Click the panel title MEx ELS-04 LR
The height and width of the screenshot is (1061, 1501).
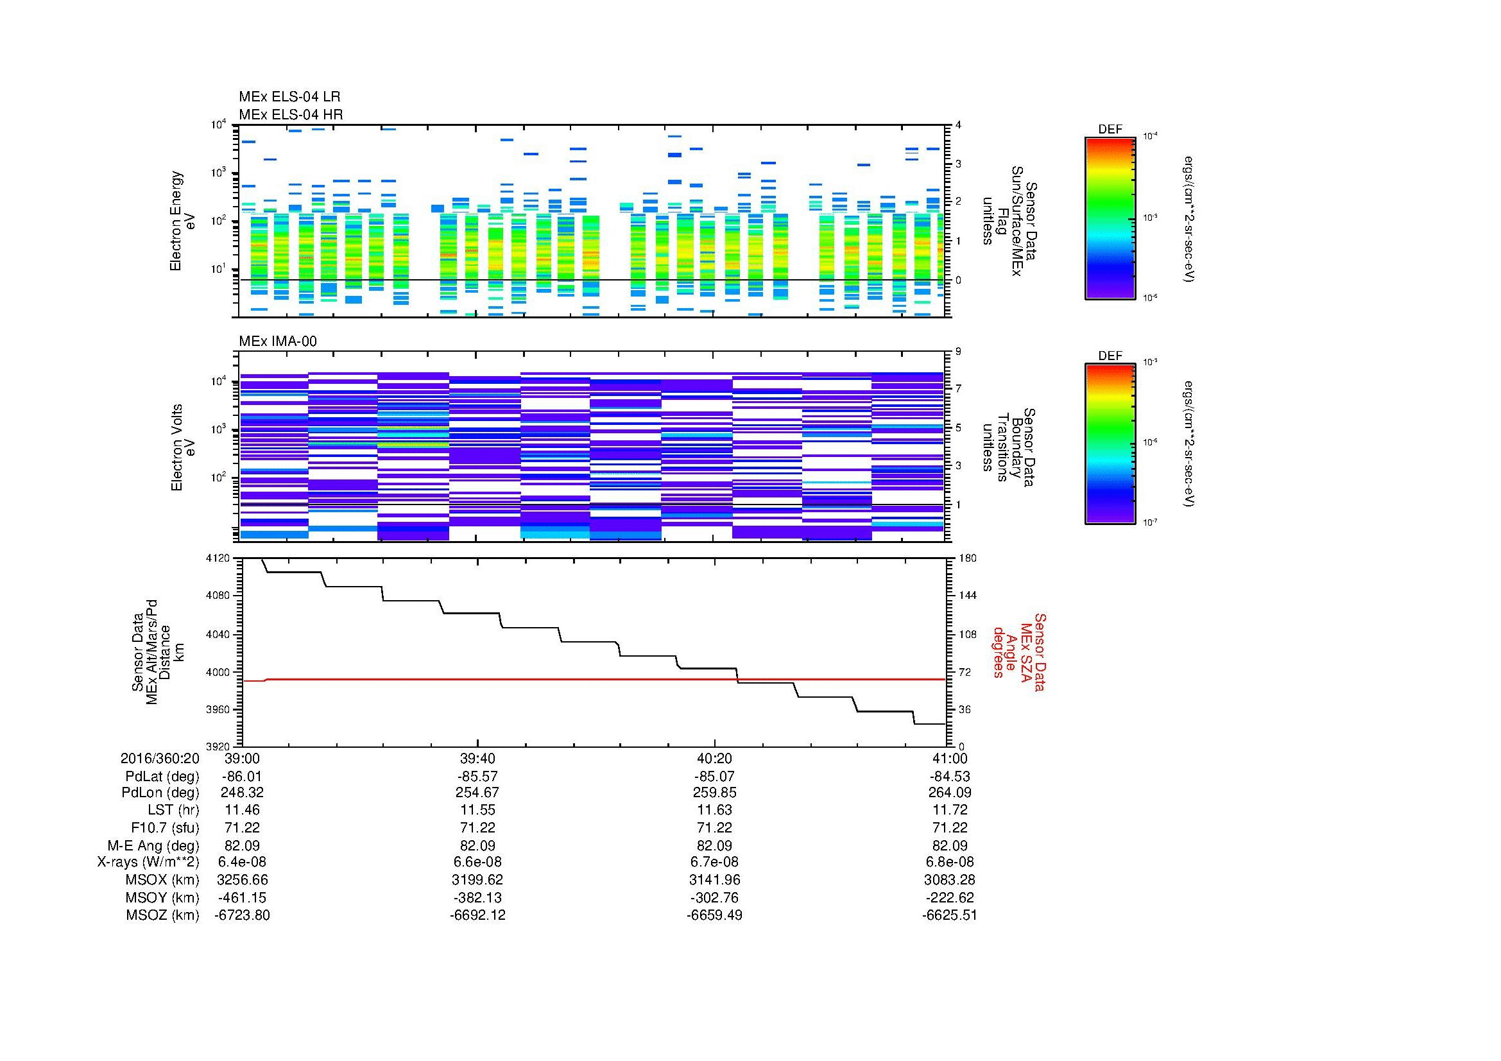click(289, 97)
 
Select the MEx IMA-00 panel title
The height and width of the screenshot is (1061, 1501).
click(278, 341)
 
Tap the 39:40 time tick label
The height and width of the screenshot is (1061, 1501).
click(478, 758)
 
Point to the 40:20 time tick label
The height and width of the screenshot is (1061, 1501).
click(714, 758)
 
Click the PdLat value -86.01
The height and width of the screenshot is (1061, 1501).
click(242, 777)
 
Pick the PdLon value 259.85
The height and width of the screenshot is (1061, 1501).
click(714, 792)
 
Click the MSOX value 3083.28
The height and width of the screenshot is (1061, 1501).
click(949, 880)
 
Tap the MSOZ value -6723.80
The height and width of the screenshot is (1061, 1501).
click(242, 915)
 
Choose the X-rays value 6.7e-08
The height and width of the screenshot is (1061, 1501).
click(714, 862)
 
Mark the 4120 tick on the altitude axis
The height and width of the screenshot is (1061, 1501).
click(218, 558)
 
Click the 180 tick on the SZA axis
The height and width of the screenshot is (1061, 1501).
click(968, 558)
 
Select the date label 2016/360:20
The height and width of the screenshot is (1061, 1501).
click(160, 758)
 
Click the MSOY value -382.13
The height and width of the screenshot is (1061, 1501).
click(478, 897)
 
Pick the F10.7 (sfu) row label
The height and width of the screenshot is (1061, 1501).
click(165, 827)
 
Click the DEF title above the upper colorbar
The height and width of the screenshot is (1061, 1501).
click(1110, 130)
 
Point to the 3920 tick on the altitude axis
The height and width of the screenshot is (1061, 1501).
click(218, 746)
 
